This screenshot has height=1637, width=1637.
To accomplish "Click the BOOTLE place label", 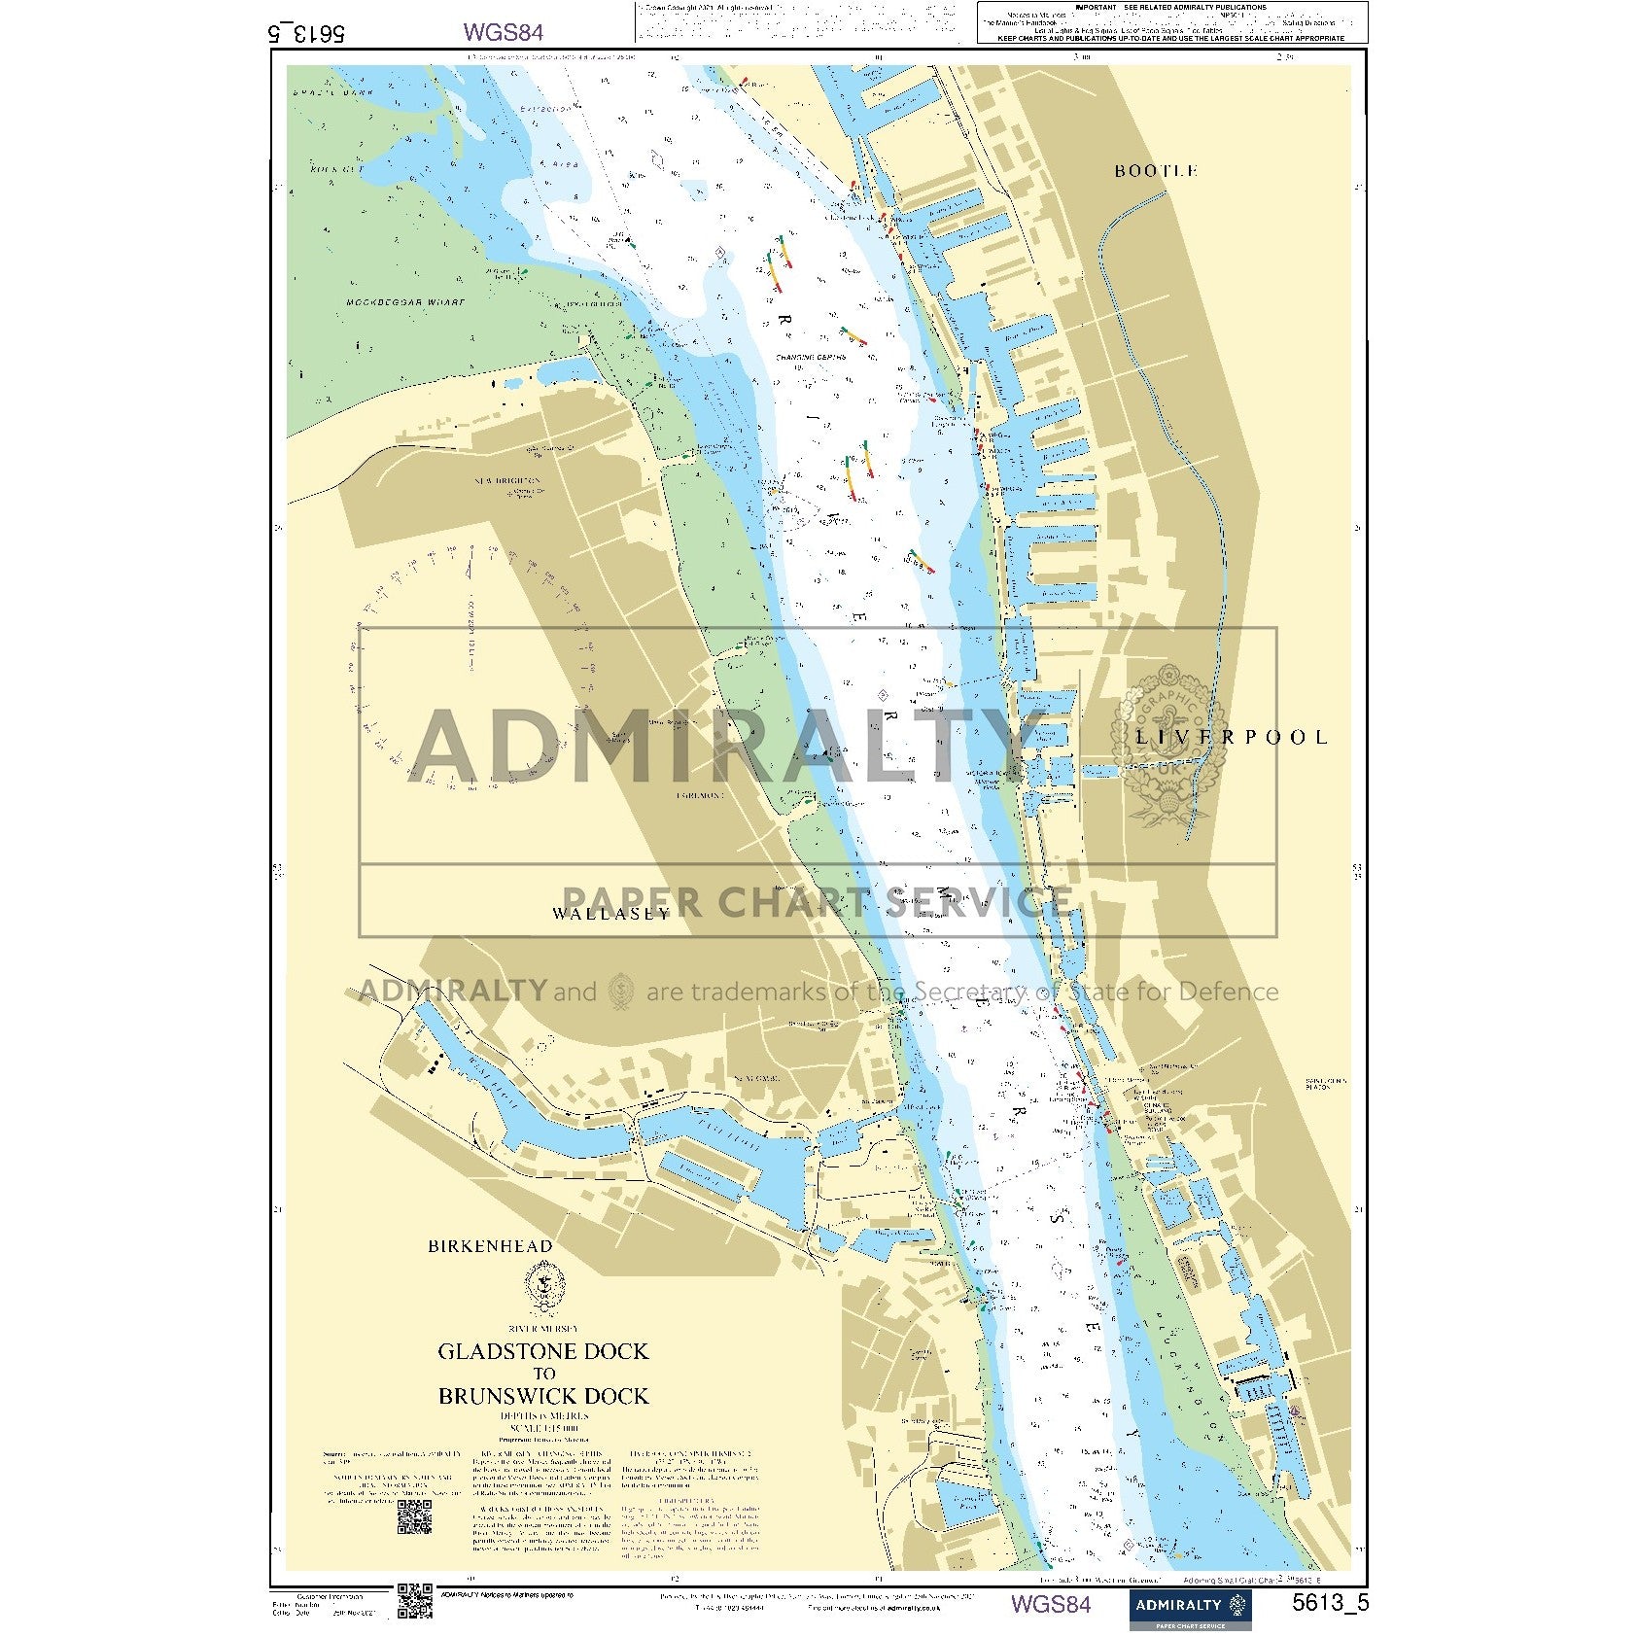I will [x=1155, y=171].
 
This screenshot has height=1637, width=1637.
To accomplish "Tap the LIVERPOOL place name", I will [x=1231, y=737].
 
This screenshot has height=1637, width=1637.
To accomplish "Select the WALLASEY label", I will [x=610, y=913].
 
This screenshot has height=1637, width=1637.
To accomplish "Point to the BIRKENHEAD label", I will [x=490, y=1246].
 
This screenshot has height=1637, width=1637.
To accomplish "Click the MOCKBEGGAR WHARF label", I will [x=405, y=302].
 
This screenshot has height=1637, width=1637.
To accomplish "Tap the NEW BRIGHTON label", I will [x=506, y=481].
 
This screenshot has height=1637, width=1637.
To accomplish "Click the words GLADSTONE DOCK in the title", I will [x=542, y=1351].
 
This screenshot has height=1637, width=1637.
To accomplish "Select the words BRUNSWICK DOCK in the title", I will [x=542, y=1396].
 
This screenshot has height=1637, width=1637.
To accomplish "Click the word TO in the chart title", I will [x=543, y=1374].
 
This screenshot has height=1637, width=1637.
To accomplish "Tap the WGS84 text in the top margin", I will [x=503, y=32].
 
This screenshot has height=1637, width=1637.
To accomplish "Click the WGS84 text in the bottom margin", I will [x=1051, y=1603].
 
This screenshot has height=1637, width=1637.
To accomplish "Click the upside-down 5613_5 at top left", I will [x=305, y=32].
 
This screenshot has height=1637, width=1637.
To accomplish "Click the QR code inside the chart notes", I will [x=414, y=1516].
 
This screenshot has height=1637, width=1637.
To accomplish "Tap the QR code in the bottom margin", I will [x=414, y=1601].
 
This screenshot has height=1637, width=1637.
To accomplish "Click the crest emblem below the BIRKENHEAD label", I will [x=542, y=1287].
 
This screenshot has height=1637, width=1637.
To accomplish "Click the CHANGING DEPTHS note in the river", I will [x=810, y=358].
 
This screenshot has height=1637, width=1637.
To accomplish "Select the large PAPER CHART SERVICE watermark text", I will [x=817, y=902].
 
